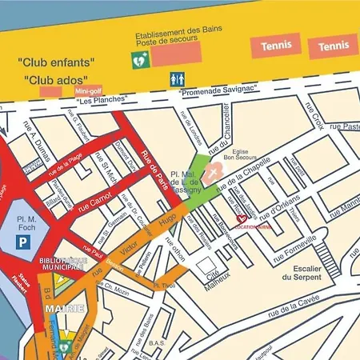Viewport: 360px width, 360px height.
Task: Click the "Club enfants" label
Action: click(56, 61)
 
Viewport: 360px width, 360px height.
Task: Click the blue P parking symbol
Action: click(26, 239)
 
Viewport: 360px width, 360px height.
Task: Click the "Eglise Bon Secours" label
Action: click(238, 158)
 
